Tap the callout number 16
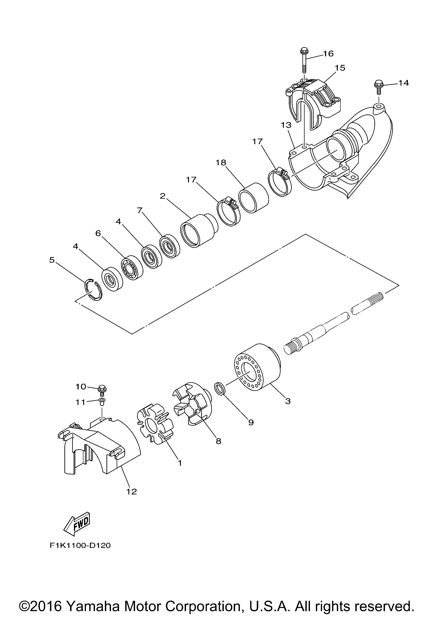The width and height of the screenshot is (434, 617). [328, 54]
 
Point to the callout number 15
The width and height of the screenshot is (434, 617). [340, 68]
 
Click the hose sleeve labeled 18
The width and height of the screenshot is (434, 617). [254, 197]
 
